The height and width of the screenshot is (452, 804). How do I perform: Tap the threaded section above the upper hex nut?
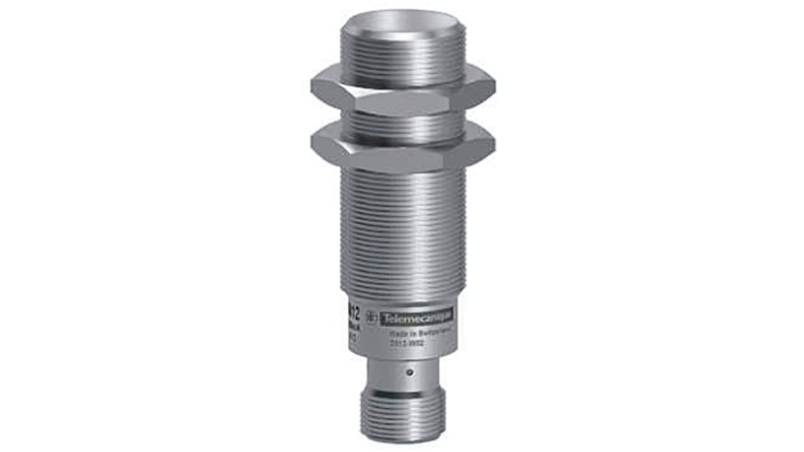[403, 57]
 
